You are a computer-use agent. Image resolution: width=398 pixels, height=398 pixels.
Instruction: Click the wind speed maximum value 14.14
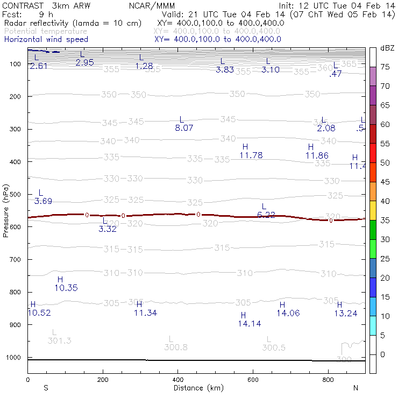250,324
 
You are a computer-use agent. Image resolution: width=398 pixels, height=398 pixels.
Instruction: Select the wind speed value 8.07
184,128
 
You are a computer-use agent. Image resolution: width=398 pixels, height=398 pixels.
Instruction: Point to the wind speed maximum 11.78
251,155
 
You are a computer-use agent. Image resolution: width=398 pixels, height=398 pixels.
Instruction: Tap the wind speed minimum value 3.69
43,201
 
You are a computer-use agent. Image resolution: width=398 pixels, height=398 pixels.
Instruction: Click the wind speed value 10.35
66,288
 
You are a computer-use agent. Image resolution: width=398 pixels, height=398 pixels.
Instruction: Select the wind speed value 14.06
288,313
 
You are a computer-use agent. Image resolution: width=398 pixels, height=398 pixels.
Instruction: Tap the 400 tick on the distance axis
177,380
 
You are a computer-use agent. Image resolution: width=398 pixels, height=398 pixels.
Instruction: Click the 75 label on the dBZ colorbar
385,67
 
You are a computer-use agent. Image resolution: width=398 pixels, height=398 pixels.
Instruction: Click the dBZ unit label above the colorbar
387,48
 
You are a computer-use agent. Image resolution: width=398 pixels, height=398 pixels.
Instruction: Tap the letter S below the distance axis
46,388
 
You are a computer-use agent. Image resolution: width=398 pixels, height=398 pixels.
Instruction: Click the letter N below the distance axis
356,388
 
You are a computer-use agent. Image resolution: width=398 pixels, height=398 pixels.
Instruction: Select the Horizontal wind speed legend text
46,39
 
